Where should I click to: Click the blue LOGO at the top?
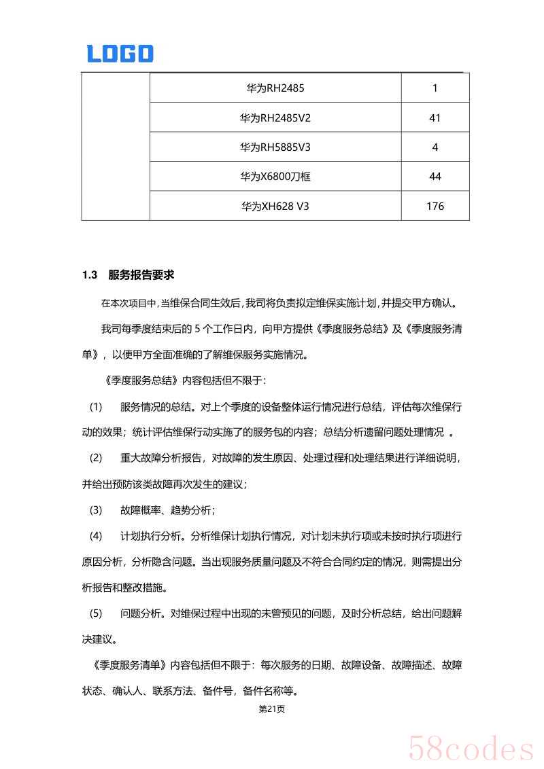tap(120, 54)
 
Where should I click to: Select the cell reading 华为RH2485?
tap(275, 88)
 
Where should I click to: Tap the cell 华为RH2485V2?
tap(275, 118)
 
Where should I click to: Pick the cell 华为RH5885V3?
tap(275, 147)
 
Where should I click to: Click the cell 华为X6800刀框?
tap(275, 177)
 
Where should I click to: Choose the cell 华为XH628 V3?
tap(275, 206)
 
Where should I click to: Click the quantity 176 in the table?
tap(435, 206)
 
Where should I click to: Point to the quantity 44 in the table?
tap(435, 177)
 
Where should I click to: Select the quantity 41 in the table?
tap(435, 118)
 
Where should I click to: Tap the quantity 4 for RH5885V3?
tap(435, 147)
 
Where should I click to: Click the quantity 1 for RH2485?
tap(435, 88)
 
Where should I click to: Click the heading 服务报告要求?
tap(141, 275)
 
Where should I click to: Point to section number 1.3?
tap(90, 275)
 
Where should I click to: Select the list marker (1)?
tap(96, 407)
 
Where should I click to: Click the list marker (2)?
tap(96, 458)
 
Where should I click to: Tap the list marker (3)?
tap(96, 509)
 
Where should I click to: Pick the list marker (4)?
tap(96, 536)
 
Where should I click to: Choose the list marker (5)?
tap(96, 613)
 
